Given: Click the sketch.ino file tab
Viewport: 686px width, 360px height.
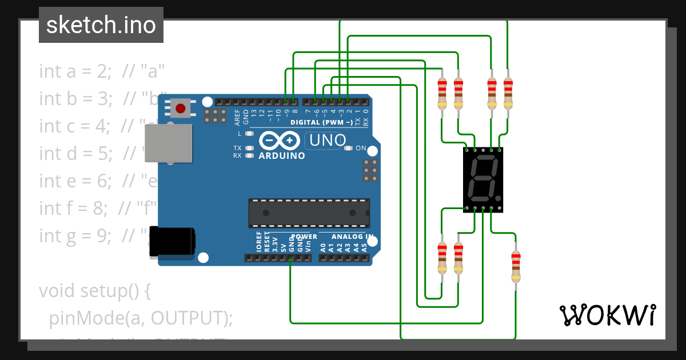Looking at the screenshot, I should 101,25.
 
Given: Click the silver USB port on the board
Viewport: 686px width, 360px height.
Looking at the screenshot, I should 168,143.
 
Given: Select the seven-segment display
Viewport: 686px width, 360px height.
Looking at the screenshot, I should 484,179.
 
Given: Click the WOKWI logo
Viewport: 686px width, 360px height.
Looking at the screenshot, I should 607,315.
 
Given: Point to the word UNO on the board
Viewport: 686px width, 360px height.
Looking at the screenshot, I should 328,140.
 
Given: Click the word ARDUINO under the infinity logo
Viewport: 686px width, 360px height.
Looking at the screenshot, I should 282,155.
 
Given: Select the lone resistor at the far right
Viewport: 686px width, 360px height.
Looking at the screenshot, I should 516,267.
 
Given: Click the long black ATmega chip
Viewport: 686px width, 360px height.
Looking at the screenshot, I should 309,213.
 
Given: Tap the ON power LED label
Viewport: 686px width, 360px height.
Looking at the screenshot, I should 361,148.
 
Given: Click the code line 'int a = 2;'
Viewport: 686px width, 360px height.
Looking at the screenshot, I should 102,71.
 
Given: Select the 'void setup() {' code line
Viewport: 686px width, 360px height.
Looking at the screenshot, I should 94,291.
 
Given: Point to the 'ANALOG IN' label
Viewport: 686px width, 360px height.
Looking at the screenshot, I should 353,237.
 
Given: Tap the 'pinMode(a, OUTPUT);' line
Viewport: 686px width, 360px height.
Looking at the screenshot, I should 141,318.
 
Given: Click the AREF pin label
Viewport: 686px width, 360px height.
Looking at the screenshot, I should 238,116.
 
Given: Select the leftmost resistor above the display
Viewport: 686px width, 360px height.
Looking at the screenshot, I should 442,94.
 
